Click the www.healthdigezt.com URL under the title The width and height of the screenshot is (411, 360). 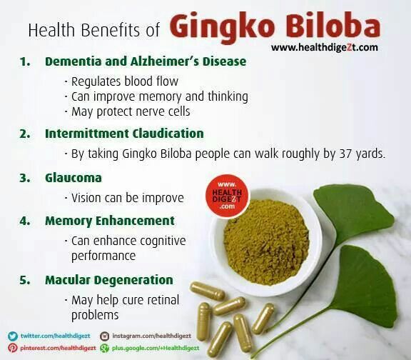click(325, 48)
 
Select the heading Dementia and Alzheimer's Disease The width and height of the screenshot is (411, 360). click(146, 61)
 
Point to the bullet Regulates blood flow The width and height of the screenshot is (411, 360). click(125, 81)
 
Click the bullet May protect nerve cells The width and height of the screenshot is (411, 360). click(131, 111)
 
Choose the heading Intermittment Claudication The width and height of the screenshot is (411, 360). click(124, 134)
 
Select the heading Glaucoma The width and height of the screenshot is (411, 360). click(73, 177)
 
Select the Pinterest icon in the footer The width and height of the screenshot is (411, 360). click(13, 347)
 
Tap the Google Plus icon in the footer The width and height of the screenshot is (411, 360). click(105, 347)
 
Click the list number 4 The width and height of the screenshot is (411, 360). click(25, 221)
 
